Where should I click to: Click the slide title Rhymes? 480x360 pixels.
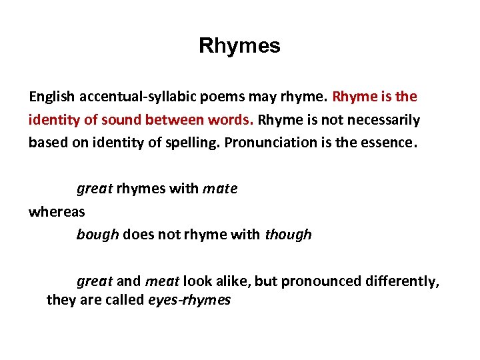coord(239,46)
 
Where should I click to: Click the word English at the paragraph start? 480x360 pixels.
coord(51,97)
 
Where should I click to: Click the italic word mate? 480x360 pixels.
coord(219,189)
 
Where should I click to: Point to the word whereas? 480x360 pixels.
coord(57,211)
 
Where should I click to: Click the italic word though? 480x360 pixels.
coord(288,235)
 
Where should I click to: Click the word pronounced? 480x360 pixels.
coord(318,281)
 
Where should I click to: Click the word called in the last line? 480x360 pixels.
coord(127,300)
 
